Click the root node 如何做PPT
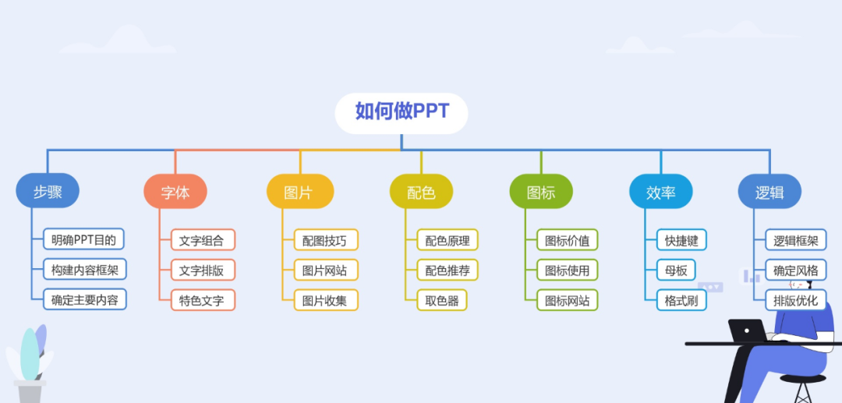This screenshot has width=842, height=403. (x=402, y=113)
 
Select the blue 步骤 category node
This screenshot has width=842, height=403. (x=48, y=191)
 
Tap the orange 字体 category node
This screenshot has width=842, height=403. (x=175, y=192)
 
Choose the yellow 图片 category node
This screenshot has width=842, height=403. (x=300, y=192)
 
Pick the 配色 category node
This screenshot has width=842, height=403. (x=421, y=192)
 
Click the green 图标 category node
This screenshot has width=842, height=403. (x=541, y=192)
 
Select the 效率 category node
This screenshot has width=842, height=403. (x=660, y=192)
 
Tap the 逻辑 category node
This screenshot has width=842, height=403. (x=769, y=192)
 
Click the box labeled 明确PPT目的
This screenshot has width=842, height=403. (x=83, y=239)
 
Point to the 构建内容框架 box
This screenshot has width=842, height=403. (x=85, y=270)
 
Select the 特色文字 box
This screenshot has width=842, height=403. (x=203, y=300)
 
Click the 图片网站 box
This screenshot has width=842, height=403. (x=326, y=270)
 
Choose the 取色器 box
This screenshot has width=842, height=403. (x=442, y=300)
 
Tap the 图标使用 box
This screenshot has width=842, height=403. (x=567, y=270)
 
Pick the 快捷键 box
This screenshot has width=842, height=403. (x=681, y=240)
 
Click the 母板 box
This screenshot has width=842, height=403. (x=675, y=270)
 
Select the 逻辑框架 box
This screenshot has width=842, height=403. (x=796, y=240)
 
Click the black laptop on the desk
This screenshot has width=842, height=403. (x=748, y=330)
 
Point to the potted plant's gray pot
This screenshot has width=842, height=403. (x=30, y=391)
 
